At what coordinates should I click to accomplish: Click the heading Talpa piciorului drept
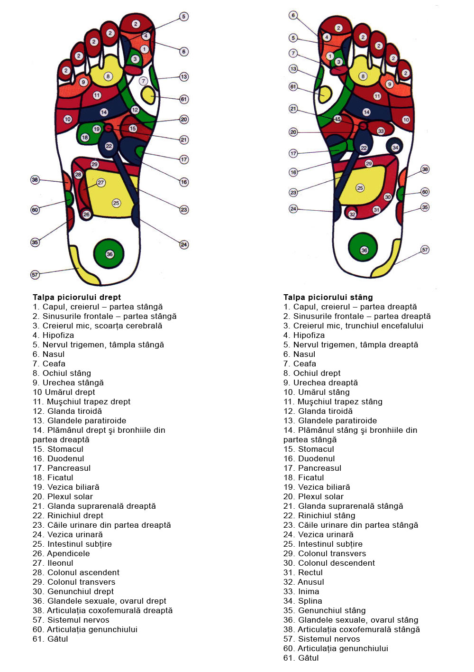tap(77, 297)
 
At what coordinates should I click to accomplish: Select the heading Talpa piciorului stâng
tap(328, 297)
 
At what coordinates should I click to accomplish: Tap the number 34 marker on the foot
tap(395, 148)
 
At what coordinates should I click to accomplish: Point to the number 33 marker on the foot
tap(381, 131)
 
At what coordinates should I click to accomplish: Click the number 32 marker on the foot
tap(352, 214)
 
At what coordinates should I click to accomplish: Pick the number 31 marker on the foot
tap(376, 209)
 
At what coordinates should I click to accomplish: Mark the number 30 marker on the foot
tap(388, 197)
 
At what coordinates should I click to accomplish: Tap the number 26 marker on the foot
tap(86, 215)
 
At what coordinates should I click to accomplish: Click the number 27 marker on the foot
tap(101, 183)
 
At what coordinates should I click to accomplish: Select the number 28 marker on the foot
tap(78, 175)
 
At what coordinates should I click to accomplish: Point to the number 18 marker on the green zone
tap(85, 138)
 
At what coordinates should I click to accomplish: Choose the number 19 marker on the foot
tap(97, 129)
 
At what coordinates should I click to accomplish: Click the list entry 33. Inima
tap(301, 591)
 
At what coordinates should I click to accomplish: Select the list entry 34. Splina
tap(303, 601)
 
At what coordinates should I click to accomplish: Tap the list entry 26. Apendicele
tap(61, 553)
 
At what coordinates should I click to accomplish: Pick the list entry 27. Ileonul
tap(53, 563)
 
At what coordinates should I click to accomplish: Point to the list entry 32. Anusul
tap(304, 582)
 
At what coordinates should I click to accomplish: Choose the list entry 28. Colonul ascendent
tap(76, 572)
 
